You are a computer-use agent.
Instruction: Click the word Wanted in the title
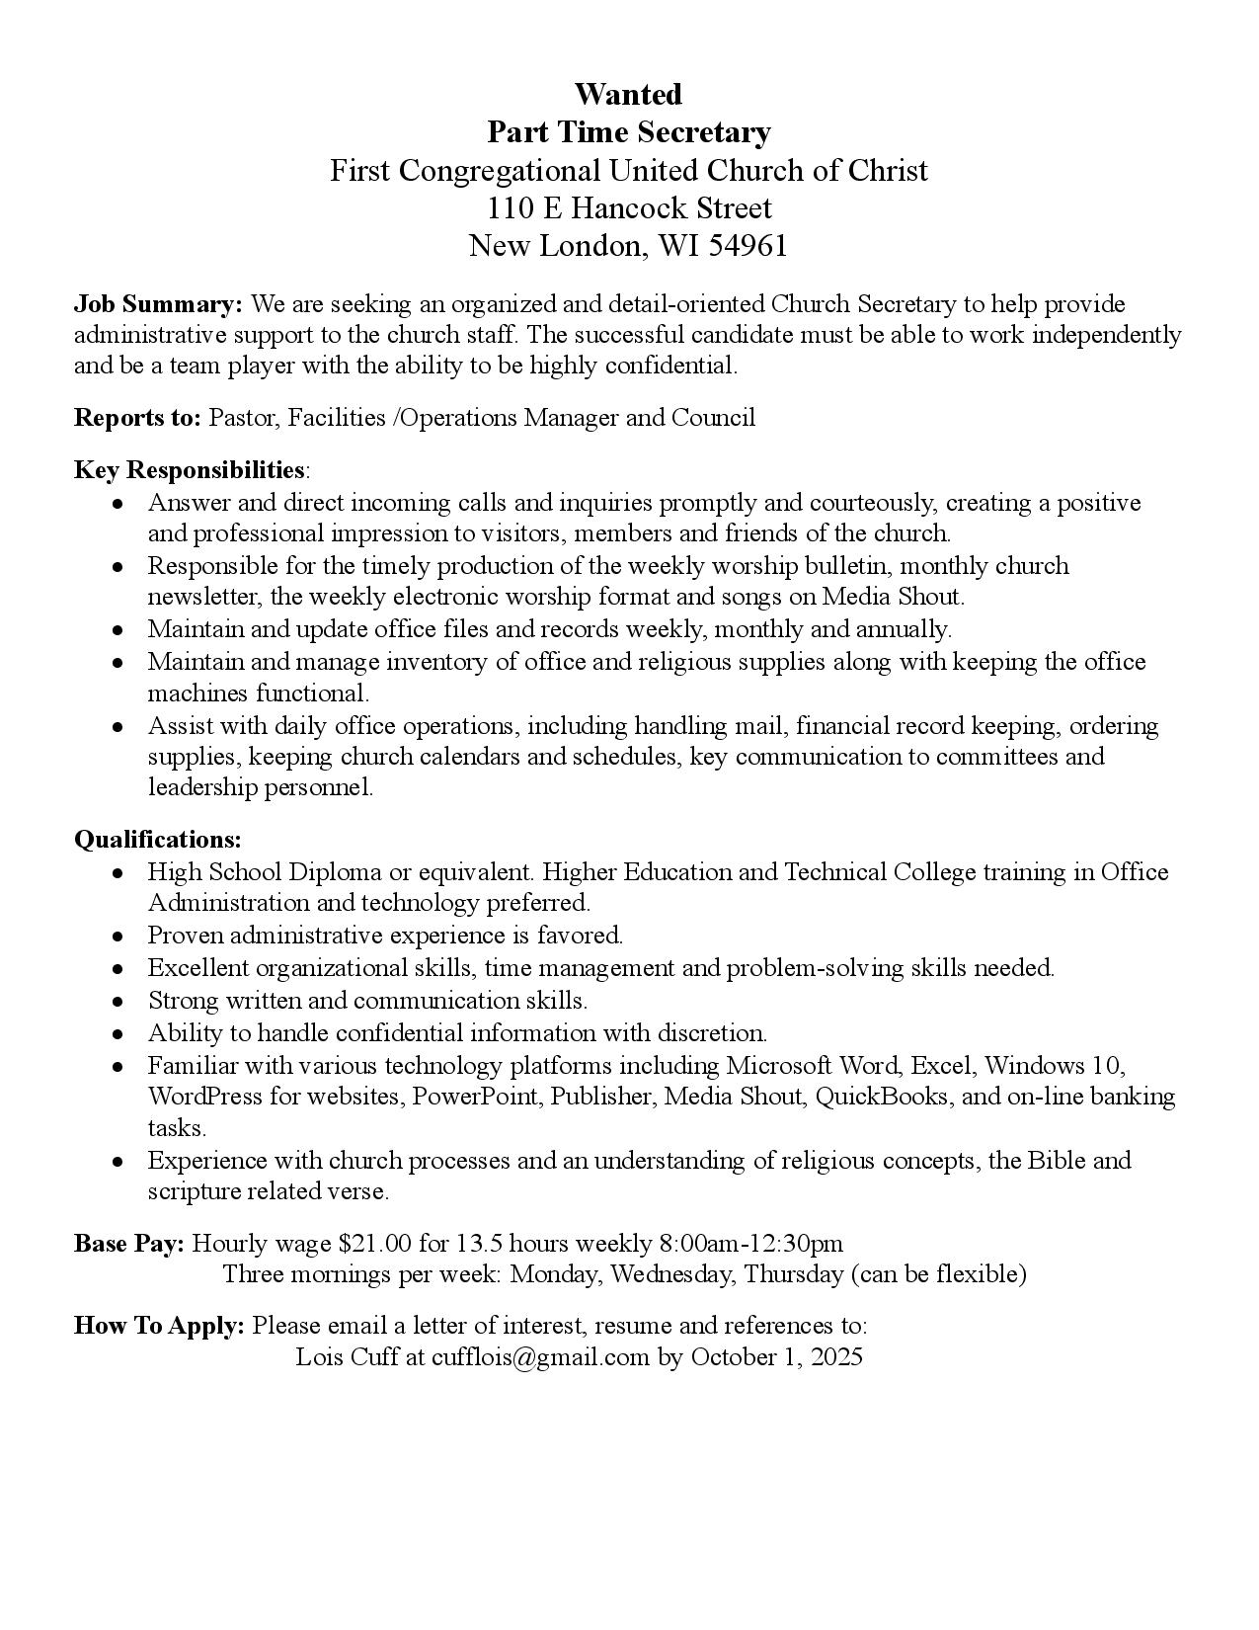coord(628,95)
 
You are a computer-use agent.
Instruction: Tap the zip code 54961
coord(748,246)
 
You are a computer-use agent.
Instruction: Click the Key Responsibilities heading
coord(189,469)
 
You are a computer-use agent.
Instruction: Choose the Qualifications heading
coord(158,840)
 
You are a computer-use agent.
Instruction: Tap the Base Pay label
coord(128,1243)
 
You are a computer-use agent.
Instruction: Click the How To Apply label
coord(159,1326)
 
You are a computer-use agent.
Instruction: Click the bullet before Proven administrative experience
coord(118,936)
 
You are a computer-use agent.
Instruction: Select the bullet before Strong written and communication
coord(118,1001)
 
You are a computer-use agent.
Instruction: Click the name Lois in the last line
coord(319,1357)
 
